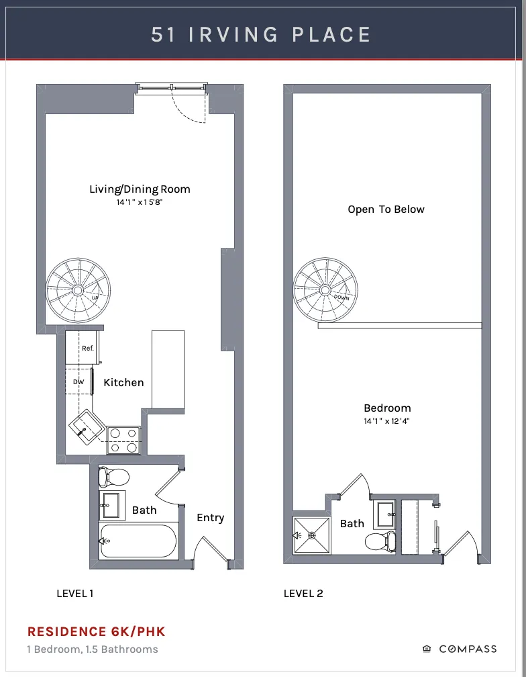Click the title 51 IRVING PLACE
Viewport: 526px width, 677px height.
[262, 34]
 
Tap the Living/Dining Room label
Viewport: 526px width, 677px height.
[140, 189]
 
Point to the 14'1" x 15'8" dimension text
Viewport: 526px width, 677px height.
[140, 201]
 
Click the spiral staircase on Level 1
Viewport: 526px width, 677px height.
[78, 289]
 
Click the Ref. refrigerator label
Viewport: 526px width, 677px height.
[87, 348]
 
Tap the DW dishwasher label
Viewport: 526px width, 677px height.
[78, 382]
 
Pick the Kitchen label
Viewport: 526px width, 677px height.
[123, 382]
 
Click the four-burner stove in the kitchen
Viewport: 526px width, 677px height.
[123, 440]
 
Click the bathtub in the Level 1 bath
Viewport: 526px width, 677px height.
[138, 541]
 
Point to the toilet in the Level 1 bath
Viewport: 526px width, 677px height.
[113, 478]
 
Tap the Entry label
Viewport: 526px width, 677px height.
[210, 517]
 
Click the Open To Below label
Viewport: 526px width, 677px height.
[386, 209]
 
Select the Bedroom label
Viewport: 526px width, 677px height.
[387, 408]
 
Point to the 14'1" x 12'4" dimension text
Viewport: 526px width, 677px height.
[387, 421]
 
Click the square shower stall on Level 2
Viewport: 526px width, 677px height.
[312, 535]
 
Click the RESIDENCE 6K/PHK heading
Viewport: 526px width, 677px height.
[96, 631]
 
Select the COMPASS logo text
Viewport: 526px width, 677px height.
[468, 649]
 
